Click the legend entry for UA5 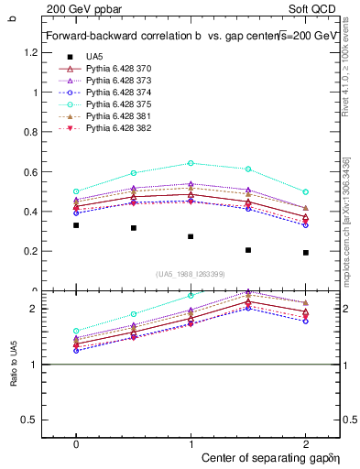point(95,56)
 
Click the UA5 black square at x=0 point(76,225)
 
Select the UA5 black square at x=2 point(305,253)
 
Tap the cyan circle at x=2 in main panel point(305,191)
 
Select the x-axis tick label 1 point(191,442)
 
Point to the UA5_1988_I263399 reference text point(191,274)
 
